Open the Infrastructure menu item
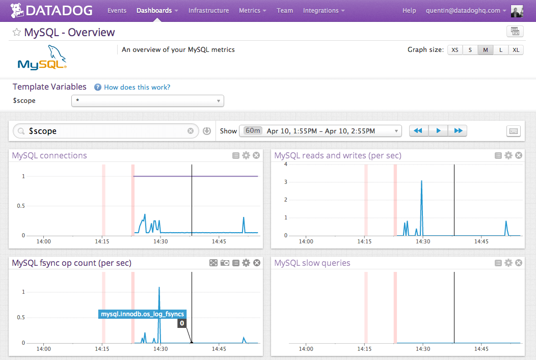pos(208,10)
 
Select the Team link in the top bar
pos(285,10)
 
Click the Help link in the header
pos(409,10)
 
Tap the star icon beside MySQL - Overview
pos(17,33)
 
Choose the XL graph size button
pos(516,50)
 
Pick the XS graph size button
pos(455,50)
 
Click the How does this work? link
pos(137,87)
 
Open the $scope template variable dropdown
pos(148,101)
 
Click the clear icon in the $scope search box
pos(191,131)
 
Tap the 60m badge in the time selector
pos(253,131)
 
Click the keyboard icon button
pos(514,131)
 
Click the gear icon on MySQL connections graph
pos(246,155)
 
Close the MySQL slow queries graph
pos(519,263)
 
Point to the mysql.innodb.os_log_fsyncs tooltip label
pos(142,314)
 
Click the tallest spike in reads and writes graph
pos(421,181)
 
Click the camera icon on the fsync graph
pos(225,263)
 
